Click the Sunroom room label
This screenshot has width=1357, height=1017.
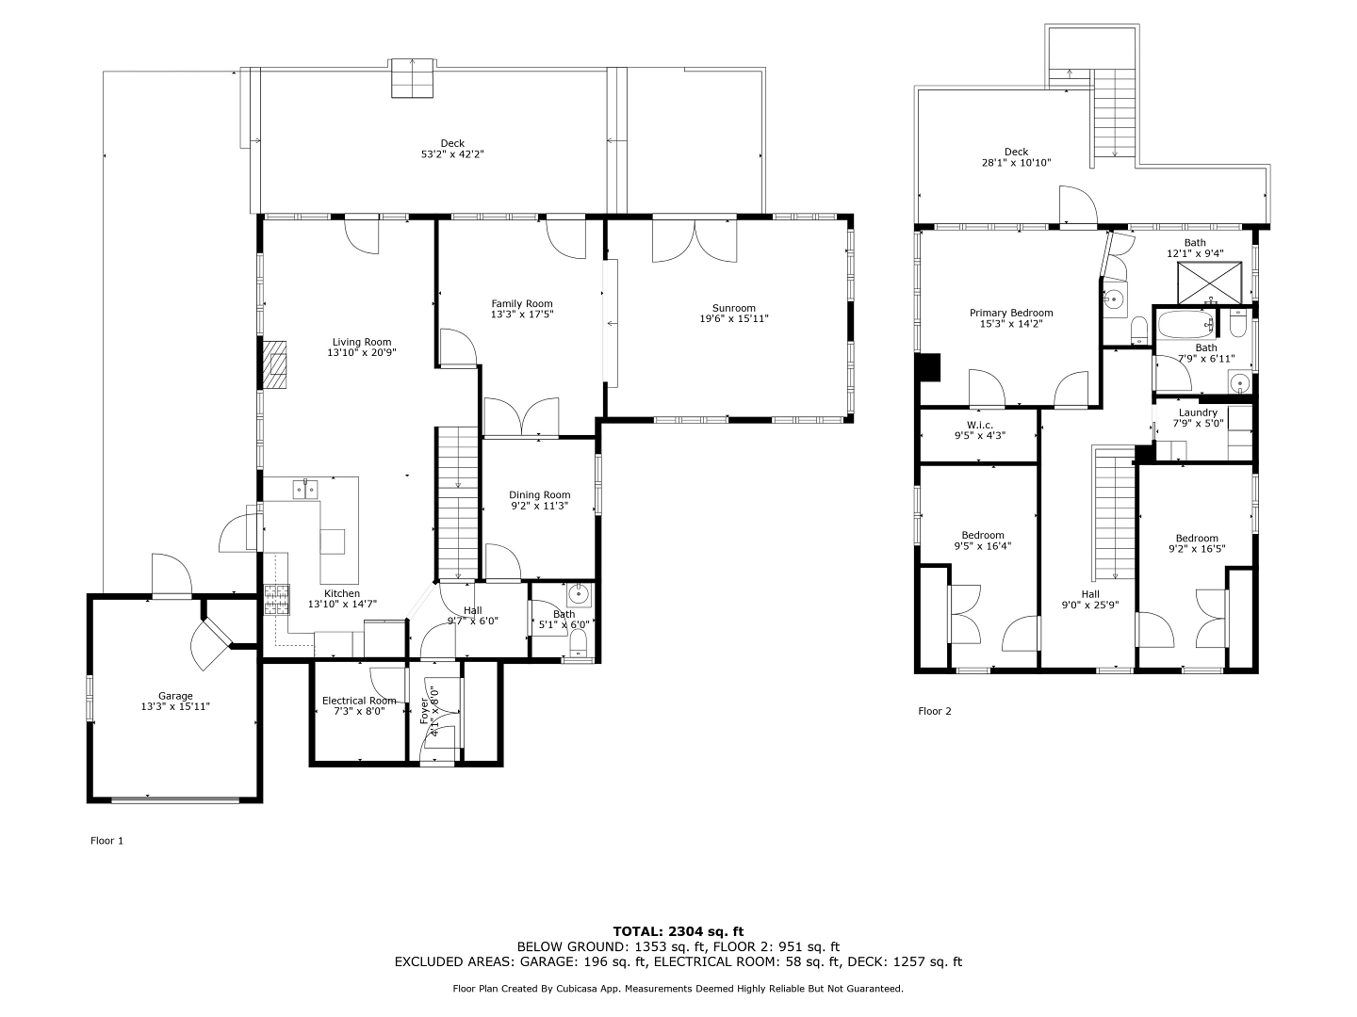coord(733,308)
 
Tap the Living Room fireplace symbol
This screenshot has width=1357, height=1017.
coord(275,364)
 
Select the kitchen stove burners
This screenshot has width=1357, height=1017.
coord(277,600)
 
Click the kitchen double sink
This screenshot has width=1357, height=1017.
coord(304,489)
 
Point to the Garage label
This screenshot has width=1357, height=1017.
coord(175,696)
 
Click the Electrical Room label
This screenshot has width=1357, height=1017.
coord(359,701)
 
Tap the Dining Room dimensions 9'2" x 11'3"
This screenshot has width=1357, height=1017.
coord(539,506)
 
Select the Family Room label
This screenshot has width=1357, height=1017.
coord(522,304)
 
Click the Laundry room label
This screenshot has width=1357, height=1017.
coord(1198,413)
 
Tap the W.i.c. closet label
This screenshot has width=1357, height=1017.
coord(980,425)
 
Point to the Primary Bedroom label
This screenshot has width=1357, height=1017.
coord(1011,313)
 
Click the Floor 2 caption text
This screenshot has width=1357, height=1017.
coord(935,711)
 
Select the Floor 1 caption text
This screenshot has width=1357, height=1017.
coord(106,841)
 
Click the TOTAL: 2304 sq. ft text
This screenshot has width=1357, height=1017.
coord(678,932)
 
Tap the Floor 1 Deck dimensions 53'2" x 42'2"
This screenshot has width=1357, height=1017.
coord(452,154)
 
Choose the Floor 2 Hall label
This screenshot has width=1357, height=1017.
coord(1090,594)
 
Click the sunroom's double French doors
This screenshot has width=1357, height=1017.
coord(695,241)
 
